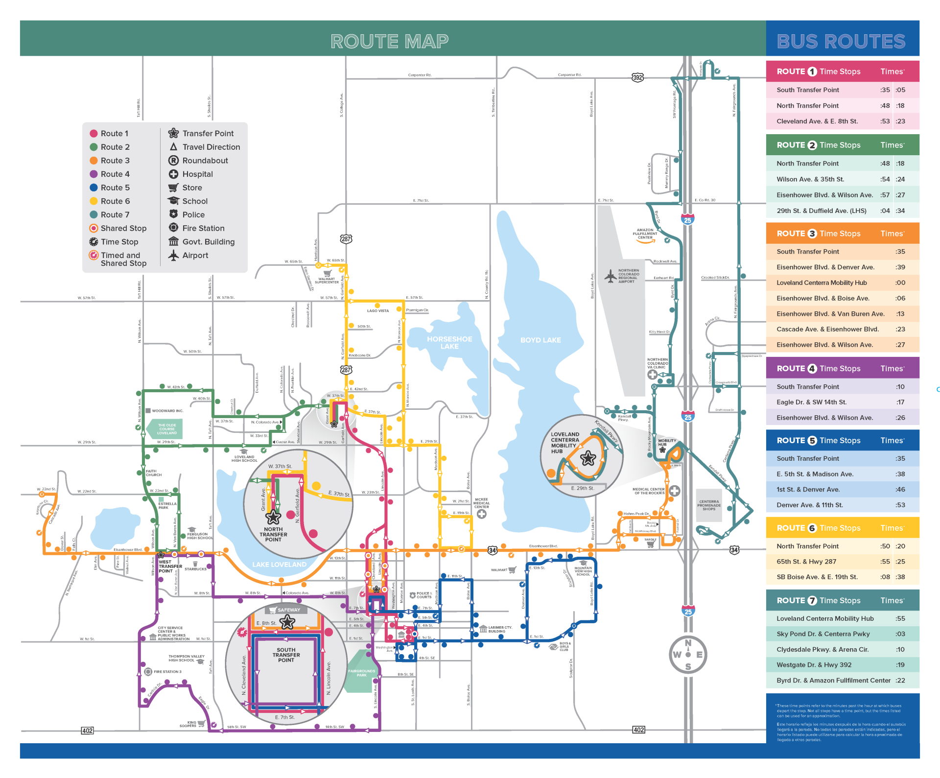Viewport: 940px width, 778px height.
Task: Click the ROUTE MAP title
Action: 389,41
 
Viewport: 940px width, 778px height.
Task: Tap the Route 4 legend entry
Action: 115,174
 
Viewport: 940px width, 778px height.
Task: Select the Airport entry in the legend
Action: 195,255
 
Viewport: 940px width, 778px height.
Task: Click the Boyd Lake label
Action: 540,340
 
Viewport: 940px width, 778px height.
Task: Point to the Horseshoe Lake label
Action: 449,342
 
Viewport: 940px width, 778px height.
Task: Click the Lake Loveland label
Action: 279,565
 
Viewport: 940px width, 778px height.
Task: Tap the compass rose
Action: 688,654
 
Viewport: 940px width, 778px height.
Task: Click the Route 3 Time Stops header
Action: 818,234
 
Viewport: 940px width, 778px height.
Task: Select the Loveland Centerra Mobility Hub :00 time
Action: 900,283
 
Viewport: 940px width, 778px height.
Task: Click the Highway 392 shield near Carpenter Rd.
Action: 637,77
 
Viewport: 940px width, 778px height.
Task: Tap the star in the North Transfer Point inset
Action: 273,517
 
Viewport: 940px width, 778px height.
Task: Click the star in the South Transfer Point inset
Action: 287,622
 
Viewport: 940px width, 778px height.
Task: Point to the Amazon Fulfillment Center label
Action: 645,234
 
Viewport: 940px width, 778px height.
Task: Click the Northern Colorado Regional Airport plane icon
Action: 611,276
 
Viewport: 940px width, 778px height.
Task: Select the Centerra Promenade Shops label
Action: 709,505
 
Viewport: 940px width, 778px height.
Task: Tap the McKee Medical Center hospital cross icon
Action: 482,514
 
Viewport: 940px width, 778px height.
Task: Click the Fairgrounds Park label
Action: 361,673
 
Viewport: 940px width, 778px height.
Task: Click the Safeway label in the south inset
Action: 288,610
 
